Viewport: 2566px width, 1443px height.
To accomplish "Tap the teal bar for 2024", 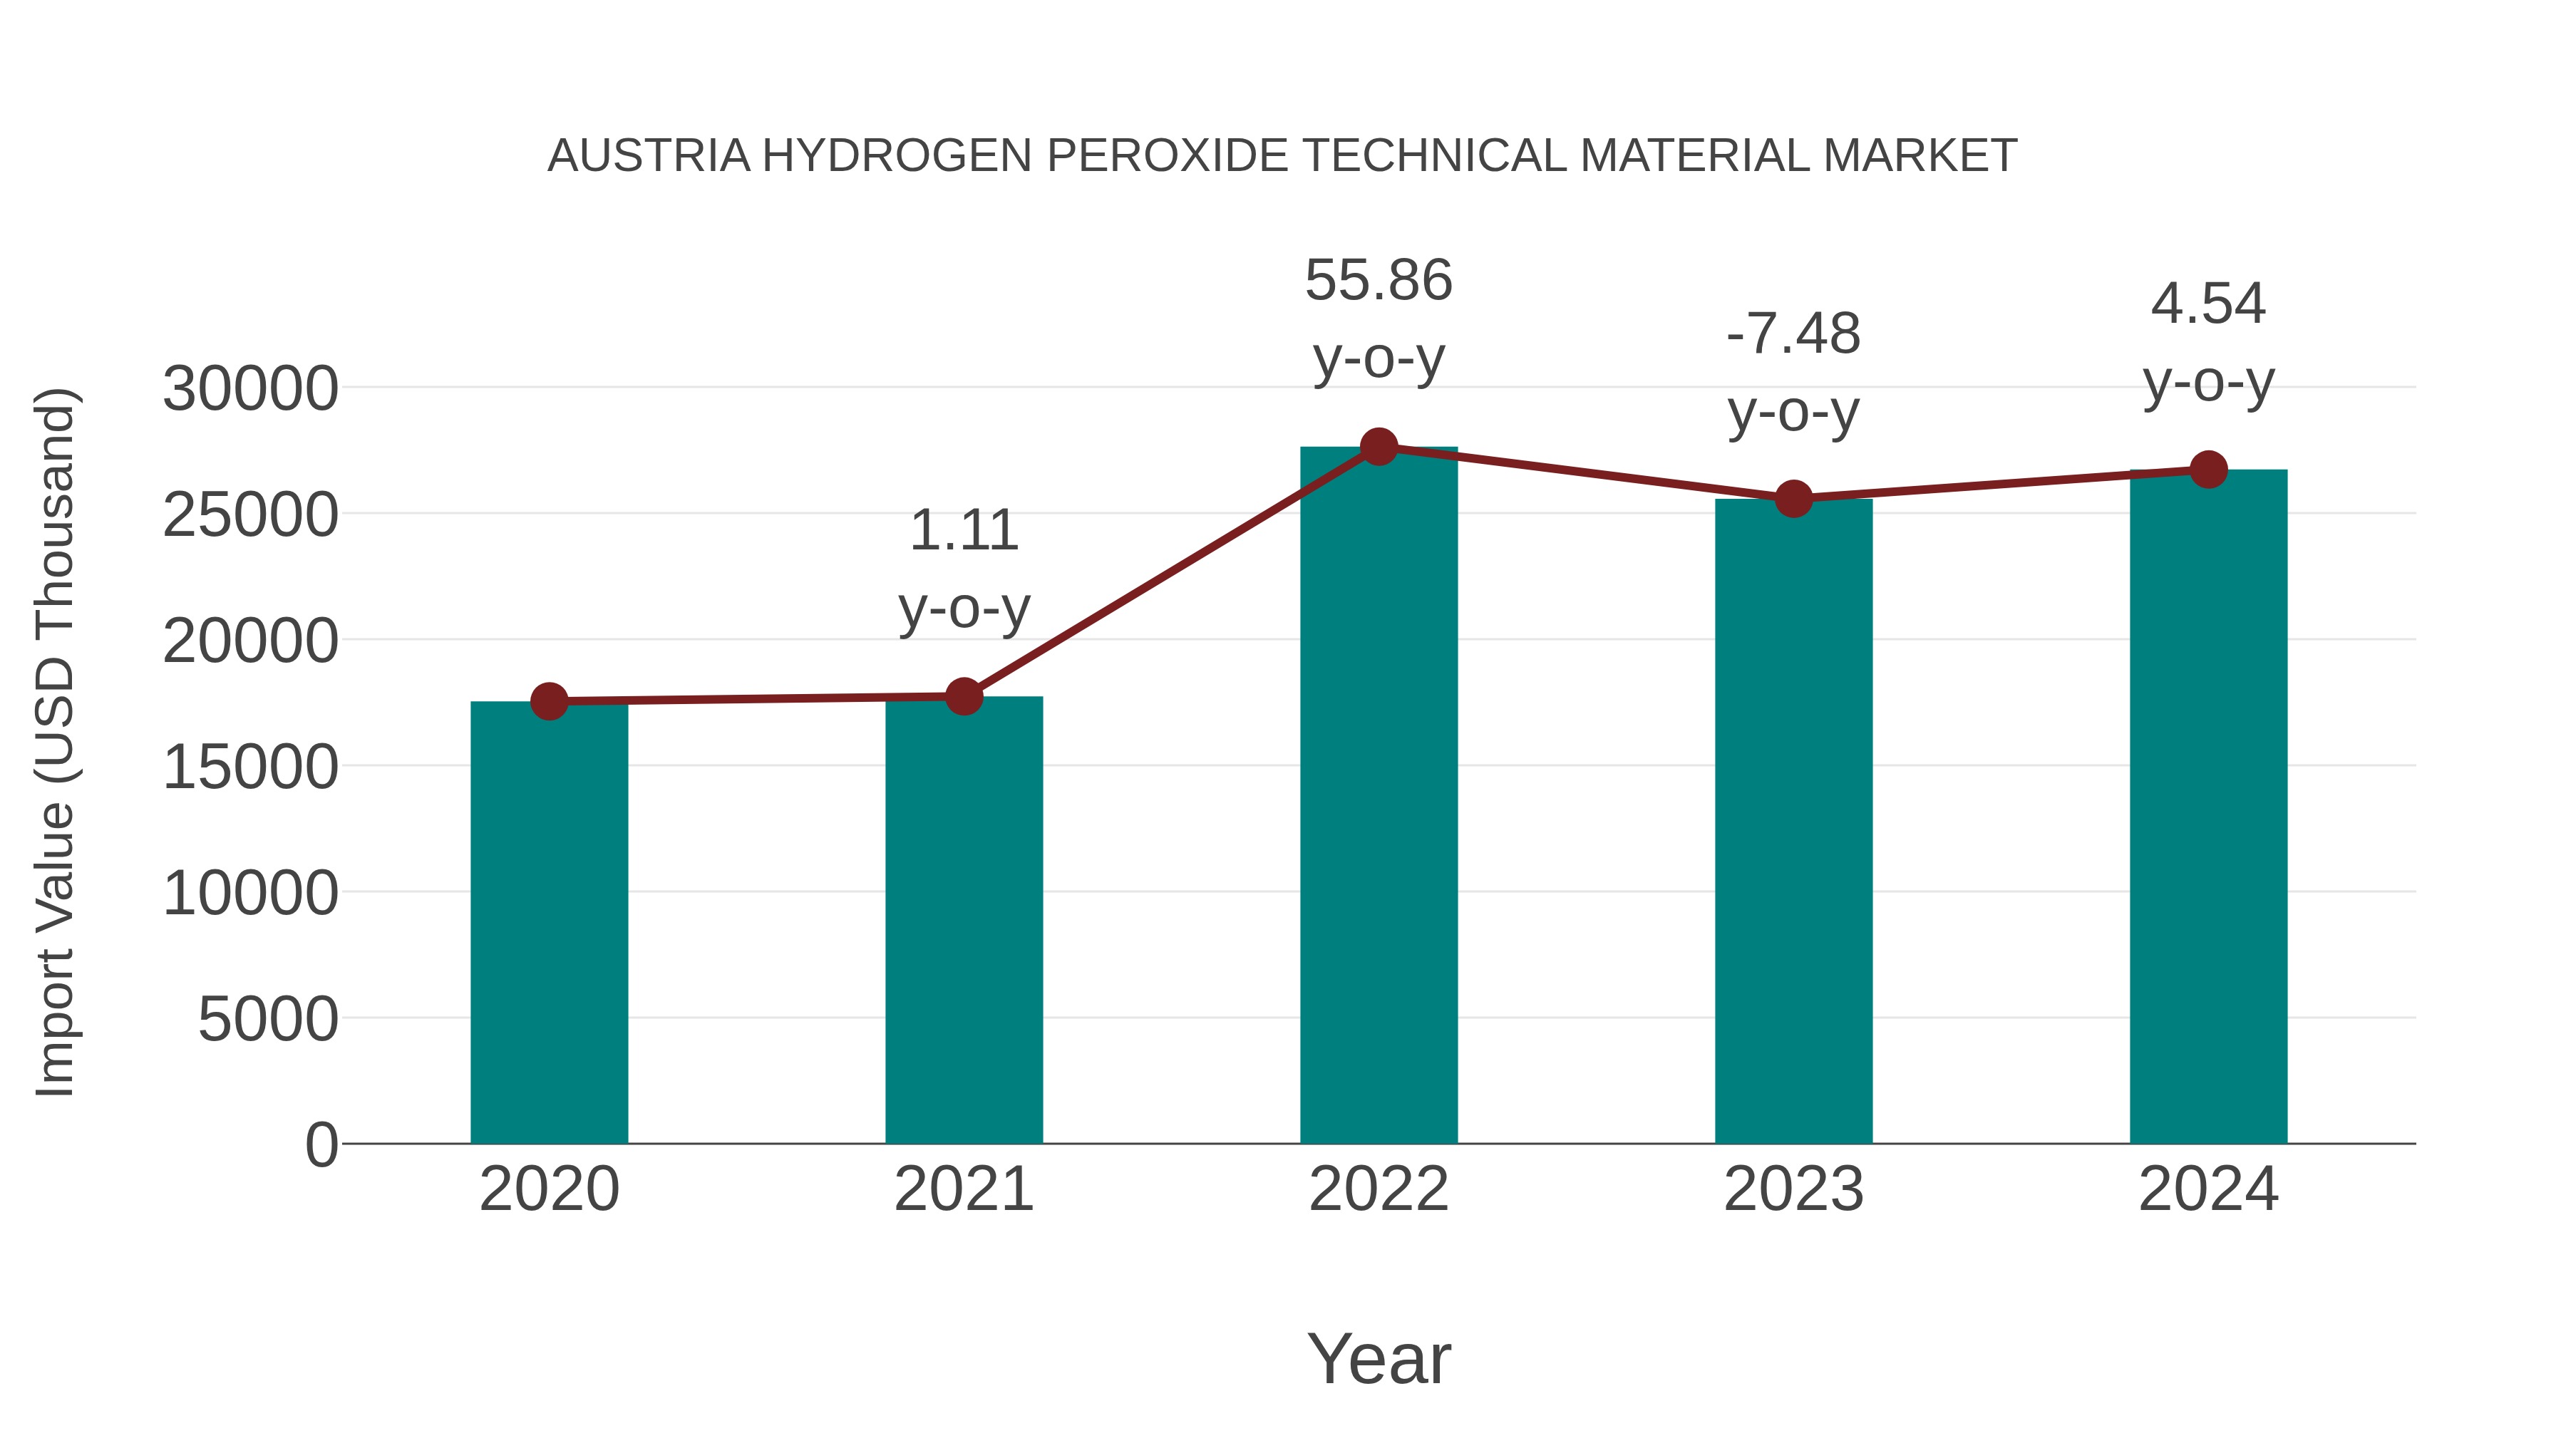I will [2208, 806].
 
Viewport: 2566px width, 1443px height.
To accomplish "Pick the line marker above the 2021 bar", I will [963, 697].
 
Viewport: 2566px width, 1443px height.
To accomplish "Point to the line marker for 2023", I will [1793, 498].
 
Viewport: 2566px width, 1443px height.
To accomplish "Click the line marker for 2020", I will [549, 702].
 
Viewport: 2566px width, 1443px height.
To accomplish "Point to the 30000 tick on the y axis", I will [250, 388].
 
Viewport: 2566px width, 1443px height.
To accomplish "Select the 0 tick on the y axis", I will [321, 1144].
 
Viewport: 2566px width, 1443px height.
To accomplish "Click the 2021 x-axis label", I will [963, 1189].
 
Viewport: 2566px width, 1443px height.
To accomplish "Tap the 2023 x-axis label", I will [1793, 1189].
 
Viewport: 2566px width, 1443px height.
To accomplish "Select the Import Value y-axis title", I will [55, 742].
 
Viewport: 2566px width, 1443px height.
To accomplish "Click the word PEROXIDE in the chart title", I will [1166, 156].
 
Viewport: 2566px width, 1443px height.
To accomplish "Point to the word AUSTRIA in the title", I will [649, 156].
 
